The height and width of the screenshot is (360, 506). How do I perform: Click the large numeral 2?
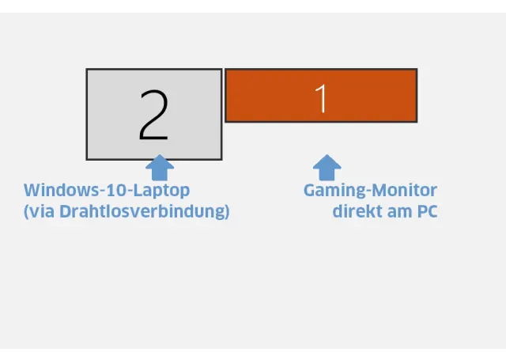[x=153, y=115]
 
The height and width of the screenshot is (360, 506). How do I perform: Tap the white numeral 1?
[x=321, y=97]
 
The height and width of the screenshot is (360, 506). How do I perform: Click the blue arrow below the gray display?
[x=160, y=167]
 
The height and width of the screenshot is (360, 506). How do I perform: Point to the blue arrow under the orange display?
[x=327, y=167]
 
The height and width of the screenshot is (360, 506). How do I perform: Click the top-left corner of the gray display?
[x=87, y=70]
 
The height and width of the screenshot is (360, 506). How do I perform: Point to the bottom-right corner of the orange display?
[x=416, y=121]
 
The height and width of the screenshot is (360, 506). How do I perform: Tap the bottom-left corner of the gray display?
[x=87, y=158]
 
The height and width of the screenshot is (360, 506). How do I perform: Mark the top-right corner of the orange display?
[x=416, y=70]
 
